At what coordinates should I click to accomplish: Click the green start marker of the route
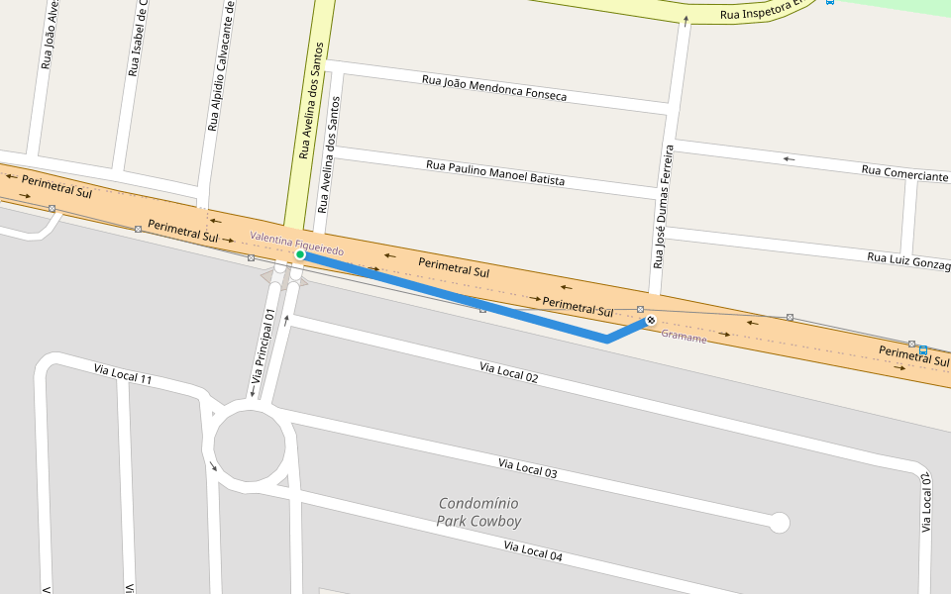click(x=300, y=255)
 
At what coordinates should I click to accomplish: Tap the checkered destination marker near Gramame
click(x=650, y=320)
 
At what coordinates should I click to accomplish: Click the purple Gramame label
click(x=684, y=338)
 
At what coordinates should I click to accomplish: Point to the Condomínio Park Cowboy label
click(x=479, y=512)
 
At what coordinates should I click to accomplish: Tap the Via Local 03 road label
click(x=527, y=468)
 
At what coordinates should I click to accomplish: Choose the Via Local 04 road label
click(x=532, y=551)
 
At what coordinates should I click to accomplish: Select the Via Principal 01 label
click(x=262, y=346)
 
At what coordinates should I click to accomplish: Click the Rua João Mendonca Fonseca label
click(x=494, y=88)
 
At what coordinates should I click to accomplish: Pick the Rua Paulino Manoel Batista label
click(x=494, y=172)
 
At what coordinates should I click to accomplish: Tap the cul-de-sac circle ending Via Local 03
click(x=780, y=522)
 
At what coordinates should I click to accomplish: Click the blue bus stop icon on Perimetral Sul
click(x=922, y=350)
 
